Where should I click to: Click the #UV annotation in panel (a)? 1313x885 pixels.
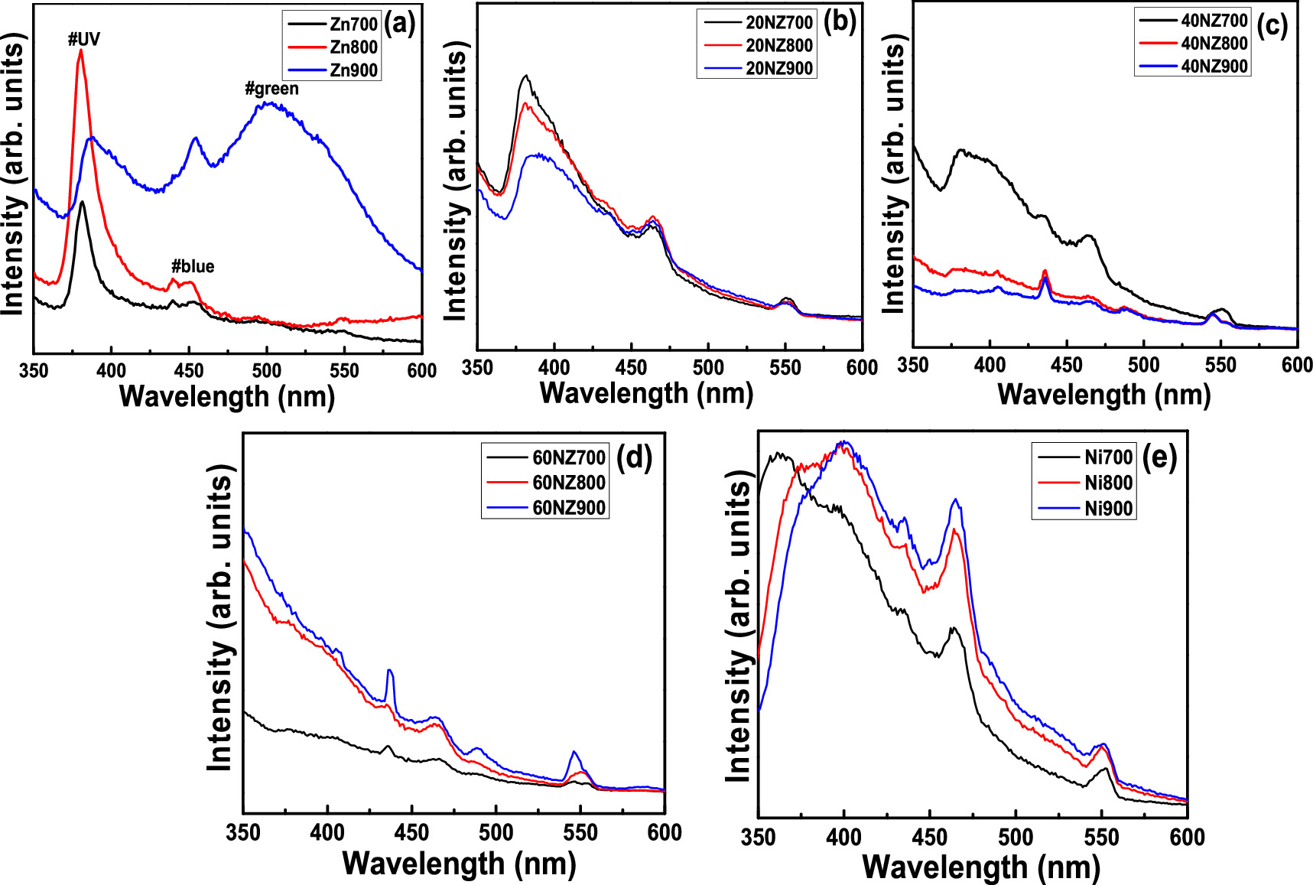pyautogui.click(x=84, y=40)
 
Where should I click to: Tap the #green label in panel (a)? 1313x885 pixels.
pyautogui.click(x=271, y=89)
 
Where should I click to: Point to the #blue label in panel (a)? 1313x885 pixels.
pyautogui.click(x=193, y=266)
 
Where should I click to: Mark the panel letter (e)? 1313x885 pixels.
pyautogui.click(x=1159, y=457)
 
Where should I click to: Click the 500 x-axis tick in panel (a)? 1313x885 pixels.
pyautogui.click(x=266, y=371)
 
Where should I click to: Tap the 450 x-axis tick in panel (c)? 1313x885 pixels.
pyautogui.click(x=1067, y=365)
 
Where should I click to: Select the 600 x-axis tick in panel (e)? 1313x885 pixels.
pyautogui.click(x=1187, y=837)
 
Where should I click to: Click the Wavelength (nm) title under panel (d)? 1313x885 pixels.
pyautogui.click(x=459, y=864)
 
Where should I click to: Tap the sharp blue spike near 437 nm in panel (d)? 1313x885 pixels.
pyautogui.click(x=390, y=672)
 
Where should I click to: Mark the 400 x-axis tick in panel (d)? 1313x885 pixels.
pyautogui.click(x=327, y=832)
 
